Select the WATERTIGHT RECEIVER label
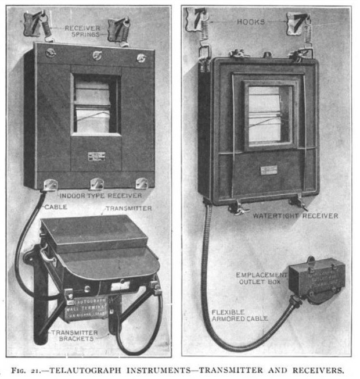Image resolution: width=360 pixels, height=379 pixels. coord(295,216)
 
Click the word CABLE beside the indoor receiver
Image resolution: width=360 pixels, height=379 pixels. coord(55,205)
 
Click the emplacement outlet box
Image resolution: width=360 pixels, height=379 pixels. coord(316,281)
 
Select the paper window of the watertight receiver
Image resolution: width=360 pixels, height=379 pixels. coord(268,115)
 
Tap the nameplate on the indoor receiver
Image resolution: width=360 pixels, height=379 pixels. coord(96,156)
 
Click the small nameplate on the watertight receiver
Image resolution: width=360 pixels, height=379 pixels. coord(268,170)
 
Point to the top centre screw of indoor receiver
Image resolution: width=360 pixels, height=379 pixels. coord(96,55)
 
